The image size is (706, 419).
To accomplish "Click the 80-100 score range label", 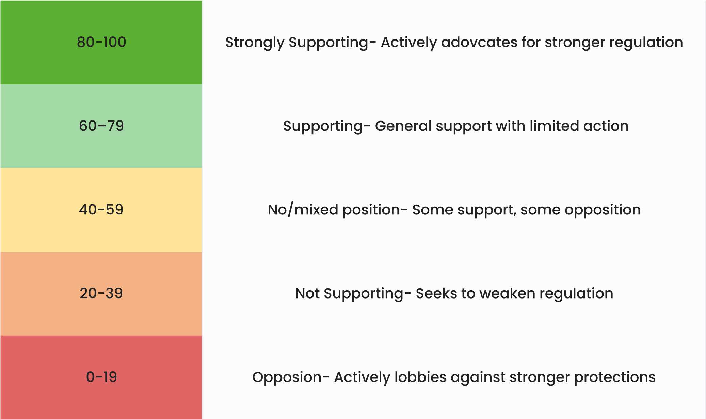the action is (x=101, y=42).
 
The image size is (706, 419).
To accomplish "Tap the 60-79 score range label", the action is (x=101, y=126).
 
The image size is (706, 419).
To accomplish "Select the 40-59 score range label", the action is (x=101, y=210).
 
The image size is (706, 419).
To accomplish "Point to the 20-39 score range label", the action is (x=101, y=293).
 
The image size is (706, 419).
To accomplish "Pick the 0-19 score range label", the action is (x=101, y=377).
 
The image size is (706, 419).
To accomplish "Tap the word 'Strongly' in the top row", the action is (x=255, y=43).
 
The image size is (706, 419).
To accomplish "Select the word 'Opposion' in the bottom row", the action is (x=287, y=378).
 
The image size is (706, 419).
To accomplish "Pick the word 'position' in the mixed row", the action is (x=371, y=210).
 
